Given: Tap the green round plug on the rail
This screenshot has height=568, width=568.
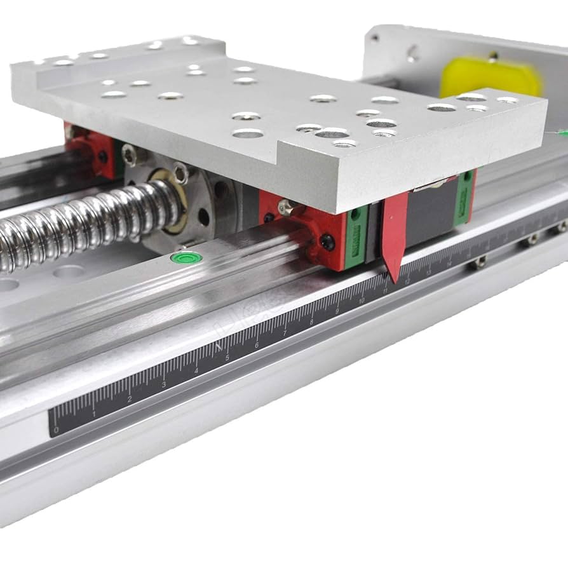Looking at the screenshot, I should (x=186, y=257).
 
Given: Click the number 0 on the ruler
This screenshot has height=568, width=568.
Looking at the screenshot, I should (x=57, y=429).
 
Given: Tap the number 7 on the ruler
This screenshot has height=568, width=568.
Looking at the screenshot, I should (x=285, y=333).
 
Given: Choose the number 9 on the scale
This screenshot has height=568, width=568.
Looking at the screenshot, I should (x=337, y=311).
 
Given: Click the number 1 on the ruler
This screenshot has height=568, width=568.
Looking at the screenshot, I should (x=94, y=414).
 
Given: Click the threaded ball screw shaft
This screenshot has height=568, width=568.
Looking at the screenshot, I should (x=83, y=219).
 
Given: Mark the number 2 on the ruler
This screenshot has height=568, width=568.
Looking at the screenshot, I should (x=129, y=399).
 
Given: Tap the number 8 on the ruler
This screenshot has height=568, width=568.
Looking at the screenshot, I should (x=311, y=321).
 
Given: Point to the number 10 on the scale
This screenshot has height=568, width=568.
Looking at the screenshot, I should (x=362, y=300).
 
